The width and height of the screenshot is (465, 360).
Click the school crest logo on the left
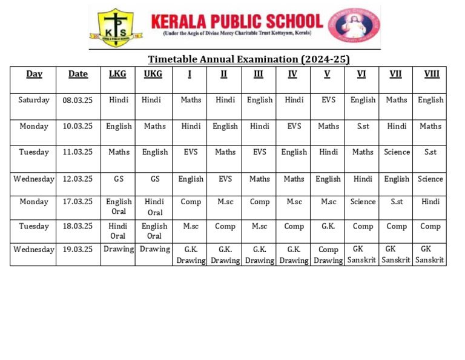tap(116, 28)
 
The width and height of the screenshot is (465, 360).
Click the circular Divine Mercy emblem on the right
tap(354, 27)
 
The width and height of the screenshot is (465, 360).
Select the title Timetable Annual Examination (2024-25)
tap(249, 59)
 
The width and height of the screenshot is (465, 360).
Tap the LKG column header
tap(117, 74)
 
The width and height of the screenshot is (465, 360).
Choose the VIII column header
tap(431, 74)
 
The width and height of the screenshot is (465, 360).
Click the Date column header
tap(78, 74)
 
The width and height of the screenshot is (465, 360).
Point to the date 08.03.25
tap(78, 100)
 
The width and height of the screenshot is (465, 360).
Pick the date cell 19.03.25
tap(78, 249)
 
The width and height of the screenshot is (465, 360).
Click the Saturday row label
tap(34, 100)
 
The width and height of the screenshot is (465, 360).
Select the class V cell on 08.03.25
tap(328, 100)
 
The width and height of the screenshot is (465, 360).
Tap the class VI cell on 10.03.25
tap(363, 126)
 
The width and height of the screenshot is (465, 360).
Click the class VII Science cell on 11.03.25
tap(397, 152)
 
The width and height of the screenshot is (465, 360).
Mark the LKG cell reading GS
tap(118, 179)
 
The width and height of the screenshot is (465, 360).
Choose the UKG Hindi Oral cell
tap(154, 207)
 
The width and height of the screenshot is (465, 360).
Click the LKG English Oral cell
tap(118, 207)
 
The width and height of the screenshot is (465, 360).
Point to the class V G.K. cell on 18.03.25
tap(328, 226)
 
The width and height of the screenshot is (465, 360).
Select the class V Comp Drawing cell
tap(328, 255)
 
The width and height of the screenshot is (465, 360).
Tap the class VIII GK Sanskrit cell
tap(430, 255)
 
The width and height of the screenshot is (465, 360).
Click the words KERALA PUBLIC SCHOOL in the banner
tap(236, 22)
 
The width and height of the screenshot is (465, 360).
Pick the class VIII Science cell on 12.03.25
tap(430, 179)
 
